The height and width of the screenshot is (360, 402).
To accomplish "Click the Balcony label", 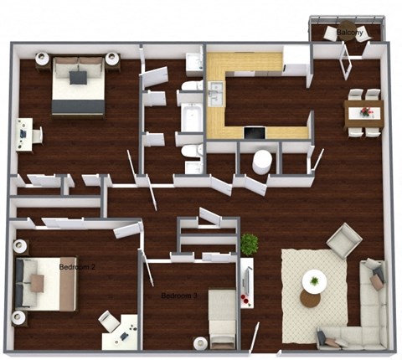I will click(350, 33).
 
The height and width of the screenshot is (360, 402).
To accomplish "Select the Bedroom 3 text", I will click(180, 296).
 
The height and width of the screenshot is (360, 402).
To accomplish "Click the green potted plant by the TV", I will click(249, 244).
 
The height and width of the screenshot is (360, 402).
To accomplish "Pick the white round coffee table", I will click(315, 280).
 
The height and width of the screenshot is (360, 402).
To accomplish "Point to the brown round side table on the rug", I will click(310, 298).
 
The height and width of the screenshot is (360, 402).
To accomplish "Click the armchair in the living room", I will click(343, 243).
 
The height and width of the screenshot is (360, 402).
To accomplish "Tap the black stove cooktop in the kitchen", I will click(254, 131).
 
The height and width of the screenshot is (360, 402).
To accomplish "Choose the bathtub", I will click(192, 116).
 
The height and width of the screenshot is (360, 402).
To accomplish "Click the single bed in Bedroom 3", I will click(222, 317).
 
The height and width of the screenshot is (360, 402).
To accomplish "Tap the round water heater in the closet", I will click(262, 160).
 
